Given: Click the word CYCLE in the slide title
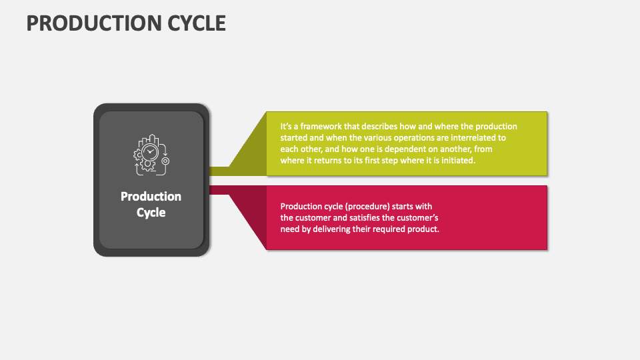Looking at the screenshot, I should point(193,23).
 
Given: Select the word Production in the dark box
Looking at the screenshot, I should point(151,197).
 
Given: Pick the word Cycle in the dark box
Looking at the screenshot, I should point(151,213).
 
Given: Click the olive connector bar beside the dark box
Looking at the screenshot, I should point(219,171).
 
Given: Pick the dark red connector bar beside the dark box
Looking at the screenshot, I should point(219,190).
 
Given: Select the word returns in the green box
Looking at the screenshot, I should point(328,161).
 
